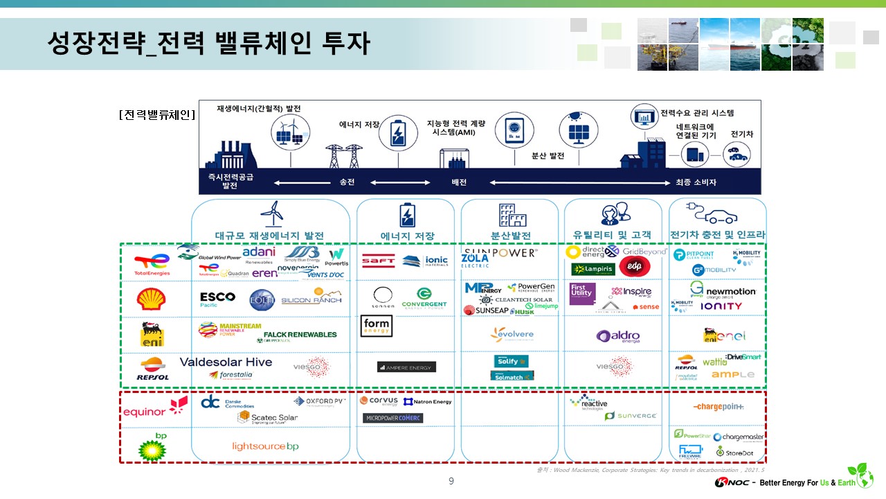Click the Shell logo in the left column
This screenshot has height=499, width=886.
coord(151,299)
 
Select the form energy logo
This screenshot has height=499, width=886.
coord(377,326)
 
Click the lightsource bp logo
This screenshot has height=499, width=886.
coord(265,446)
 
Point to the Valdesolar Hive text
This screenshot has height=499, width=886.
coord(226,362)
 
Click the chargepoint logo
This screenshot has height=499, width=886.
coord(718,407)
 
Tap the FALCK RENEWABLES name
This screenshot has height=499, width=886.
coord(300,334)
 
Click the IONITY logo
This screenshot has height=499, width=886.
coord(721,306)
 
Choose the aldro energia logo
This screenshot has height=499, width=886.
coord(618,336)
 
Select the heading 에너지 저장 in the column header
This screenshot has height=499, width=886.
coord(408,236)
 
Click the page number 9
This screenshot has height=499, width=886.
coord(451,481)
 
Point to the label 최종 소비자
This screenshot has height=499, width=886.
coord(696,182)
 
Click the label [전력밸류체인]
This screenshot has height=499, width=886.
coord(156,114)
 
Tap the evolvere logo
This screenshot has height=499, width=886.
coord(512,335)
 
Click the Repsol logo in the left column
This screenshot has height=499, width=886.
coord(153,369)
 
